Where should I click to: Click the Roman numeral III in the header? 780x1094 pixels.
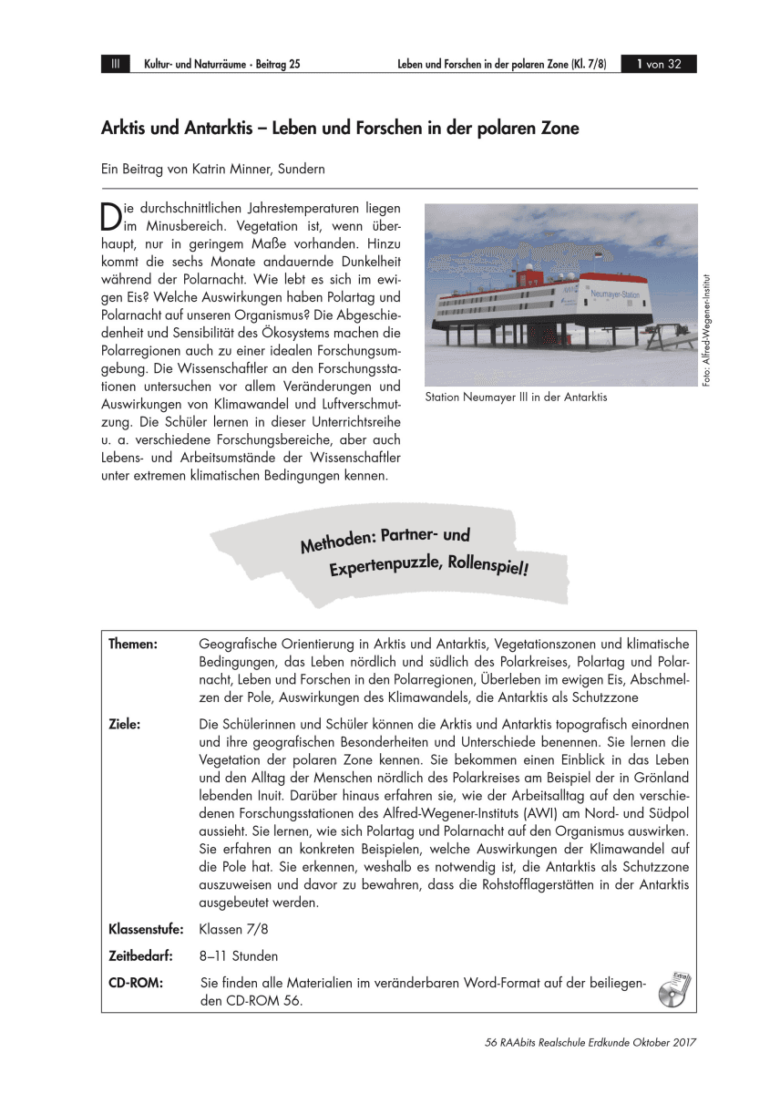click(116, 64)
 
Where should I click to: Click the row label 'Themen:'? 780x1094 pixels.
click(133, 645)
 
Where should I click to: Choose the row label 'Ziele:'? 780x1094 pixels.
click(125, 724)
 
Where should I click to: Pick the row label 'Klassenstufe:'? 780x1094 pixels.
click(146, 931)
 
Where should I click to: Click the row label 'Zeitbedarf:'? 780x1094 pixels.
click(140, 956)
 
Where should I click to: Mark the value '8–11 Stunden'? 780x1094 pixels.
click(239, 956)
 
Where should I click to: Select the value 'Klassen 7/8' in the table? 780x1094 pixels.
click(234, 931)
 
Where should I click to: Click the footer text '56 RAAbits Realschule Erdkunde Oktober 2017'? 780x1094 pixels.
click(591, 1043)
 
